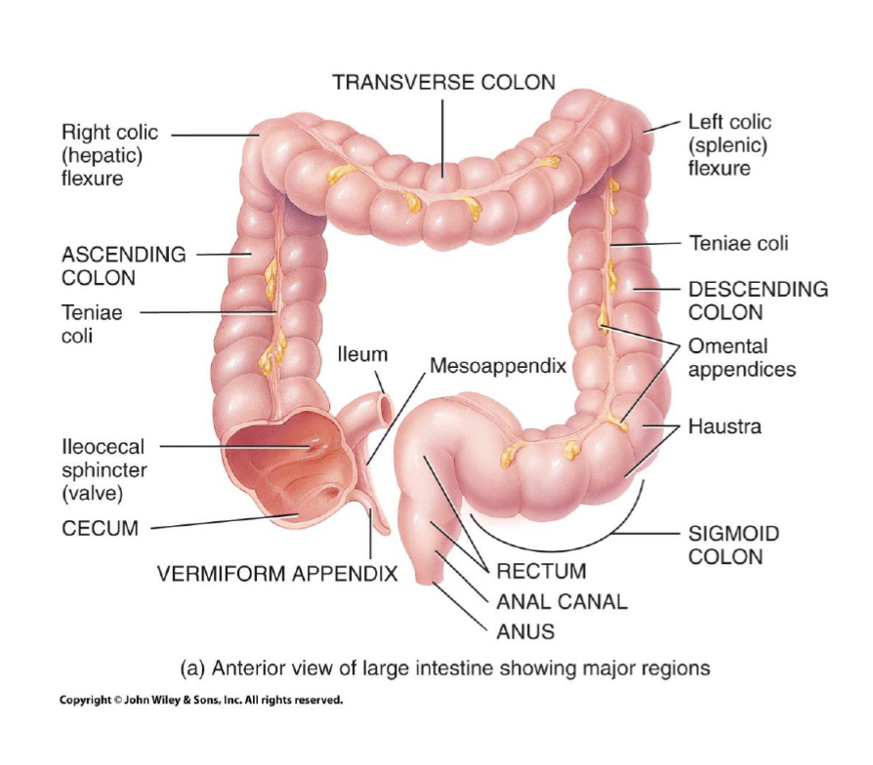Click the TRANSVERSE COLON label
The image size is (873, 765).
tap(443, 82)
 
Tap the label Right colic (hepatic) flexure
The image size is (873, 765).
tap(109, 155)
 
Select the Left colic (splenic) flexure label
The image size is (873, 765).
tap(729, 144)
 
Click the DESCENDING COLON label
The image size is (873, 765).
tap(758, 301)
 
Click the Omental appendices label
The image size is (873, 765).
tap(741, 357)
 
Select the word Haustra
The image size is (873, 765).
tap(725, 426)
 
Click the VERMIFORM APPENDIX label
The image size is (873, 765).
tap(277, 573)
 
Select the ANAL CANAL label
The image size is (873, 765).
tap(561, 601)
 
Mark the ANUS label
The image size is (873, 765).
tap(525, 631)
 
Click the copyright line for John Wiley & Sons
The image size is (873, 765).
tap(201, 700)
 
